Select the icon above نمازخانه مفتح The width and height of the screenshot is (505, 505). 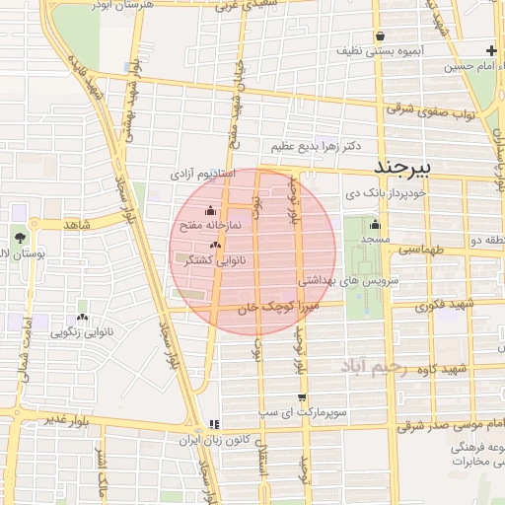tap(209, 211)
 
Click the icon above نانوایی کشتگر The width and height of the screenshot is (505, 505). tap(216, 245)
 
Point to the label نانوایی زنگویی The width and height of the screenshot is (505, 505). tap(82, 333)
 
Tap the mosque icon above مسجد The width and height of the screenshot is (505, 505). tap(374, 223)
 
